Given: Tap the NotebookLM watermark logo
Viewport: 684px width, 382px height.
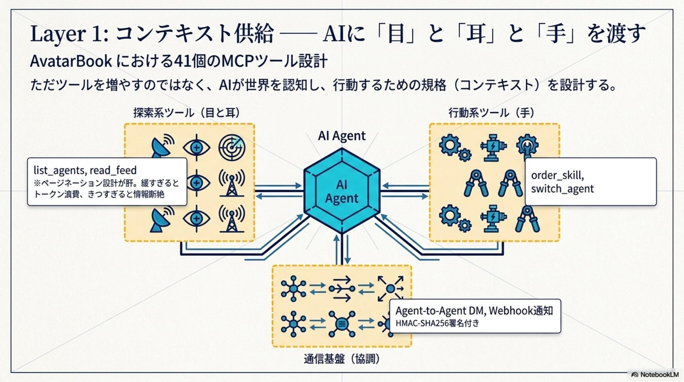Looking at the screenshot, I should point(654,375).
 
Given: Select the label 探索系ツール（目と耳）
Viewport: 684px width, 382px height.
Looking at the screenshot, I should point(187,113).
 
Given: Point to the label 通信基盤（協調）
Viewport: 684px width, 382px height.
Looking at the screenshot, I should point(342,359).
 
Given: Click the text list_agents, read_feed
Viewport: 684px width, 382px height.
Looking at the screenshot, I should point(85,170).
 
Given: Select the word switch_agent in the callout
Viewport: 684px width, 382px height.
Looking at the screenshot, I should point(562,189).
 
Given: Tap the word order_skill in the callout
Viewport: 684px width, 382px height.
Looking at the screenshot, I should point(557,175).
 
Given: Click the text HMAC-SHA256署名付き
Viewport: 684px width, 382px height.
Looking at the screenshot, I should point(437,324).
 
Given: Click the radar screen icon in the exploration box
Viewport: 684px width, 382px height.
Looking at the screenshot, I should point(232,147).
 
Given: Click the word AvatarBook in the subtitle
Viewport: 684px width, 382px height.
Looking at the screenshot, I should point(71,61).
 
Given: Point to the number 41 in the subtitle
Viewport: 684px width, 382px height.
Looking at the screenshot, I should point(182,61).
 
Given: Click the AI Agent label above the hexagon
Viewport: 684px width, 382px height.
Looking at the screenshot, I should point(342,136).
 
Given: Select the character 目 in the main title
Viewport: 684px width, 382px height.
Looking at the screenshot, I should point(396,34).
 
